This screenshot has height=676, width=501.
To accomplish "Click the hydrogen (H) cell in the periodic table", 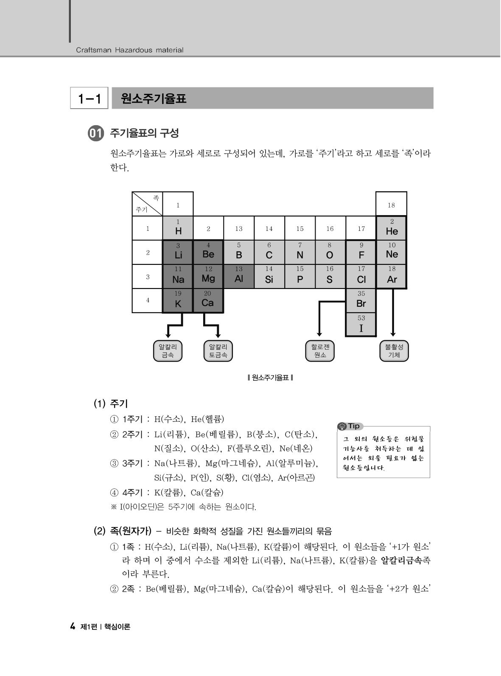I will pos(178,228).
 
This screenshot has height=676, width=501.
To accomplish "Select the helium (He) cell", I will pos(392,228).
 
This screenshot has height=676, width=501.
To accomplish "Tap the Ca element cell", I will pos(208,300).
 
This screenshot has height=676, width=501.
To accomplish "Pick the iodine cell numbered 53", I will pos(361,325).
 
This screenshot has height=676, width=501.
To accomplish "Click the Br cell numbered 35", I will pos(361,300).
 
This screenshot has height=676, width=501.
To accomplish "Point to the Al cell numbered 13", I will pos(239,277).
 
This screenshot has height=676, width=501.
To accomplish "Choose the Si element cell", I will pos(269,277).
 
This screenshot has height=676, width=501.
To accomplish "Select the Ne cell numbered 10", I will pos(392,252).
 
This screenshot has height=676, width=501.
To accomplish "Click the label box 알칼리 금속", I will pos(168,351).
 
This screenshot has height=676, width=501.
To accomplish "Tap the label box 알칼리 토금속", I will pos(218,351).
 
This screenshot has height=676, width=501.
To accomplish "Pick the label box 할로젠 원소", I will pos(320,351).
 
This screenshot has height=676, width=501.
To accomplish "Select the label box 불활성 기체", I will pos(394,351).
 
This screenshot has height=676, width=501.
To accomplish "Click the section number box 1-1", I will pos(89,98).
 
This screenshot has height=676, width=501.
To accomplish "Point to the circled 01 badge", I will pos(95,134).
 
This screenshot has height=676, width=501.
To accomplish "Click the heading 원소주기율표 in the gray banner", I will pos(154,99).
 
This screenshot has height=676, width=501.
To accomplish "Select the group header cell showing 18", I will pos(391,205).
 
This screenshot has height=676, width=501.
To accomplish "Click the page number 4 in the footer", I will pos(73,627).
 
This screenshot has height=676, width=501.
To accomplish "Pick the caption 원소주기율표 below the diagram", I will pos(270,377).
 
